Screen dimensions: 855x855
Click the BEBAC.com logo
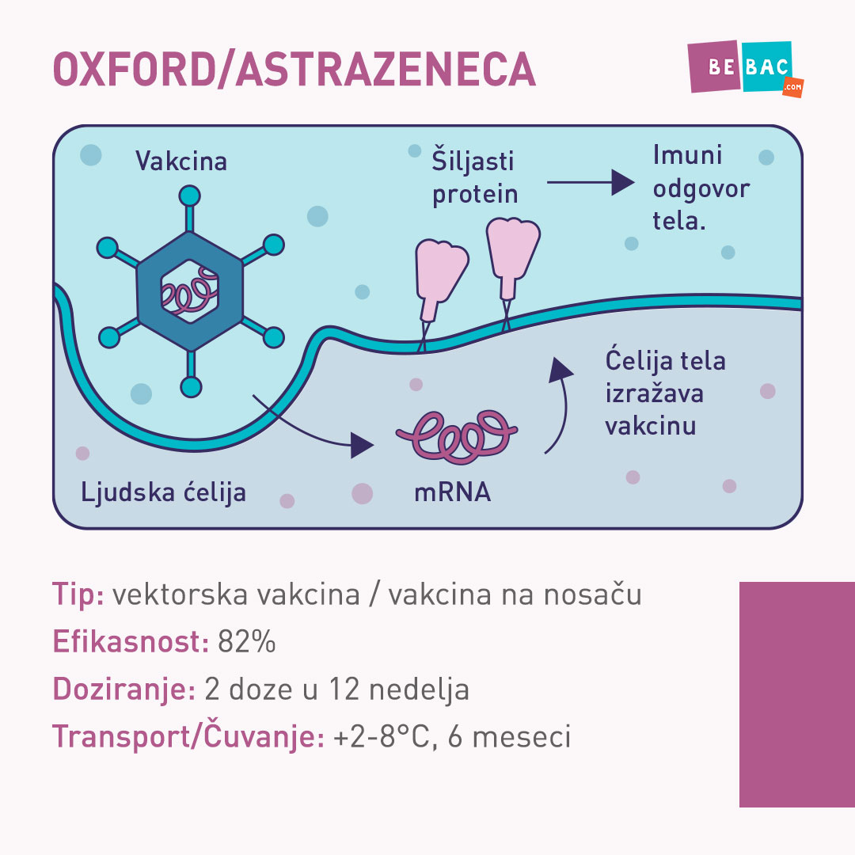[x=745, y=69]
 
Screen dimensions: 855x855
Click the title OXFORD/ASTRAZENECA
[x=294, y=70]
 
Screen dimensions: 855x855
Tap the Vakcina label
[x=181, y=161]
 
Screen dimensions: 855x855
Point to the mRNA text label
[x=452, y=492]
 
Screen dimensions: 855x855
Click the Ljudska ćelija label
[x=163, y=492]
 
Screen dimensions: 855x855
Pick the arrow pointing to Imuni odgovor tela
[x=591, y=182]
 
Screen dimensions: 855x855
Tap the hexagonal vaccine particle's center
[x=190, y=291]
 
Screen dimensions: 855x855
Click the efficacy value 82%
[x=246, y=642]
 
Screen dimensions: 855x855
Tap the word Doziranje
[x=123, y=690]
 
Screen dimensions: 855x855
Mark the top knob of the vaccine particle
[x=190, y=196]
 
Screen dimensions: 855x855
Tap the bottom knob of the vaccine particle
[x=191, y=387]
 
